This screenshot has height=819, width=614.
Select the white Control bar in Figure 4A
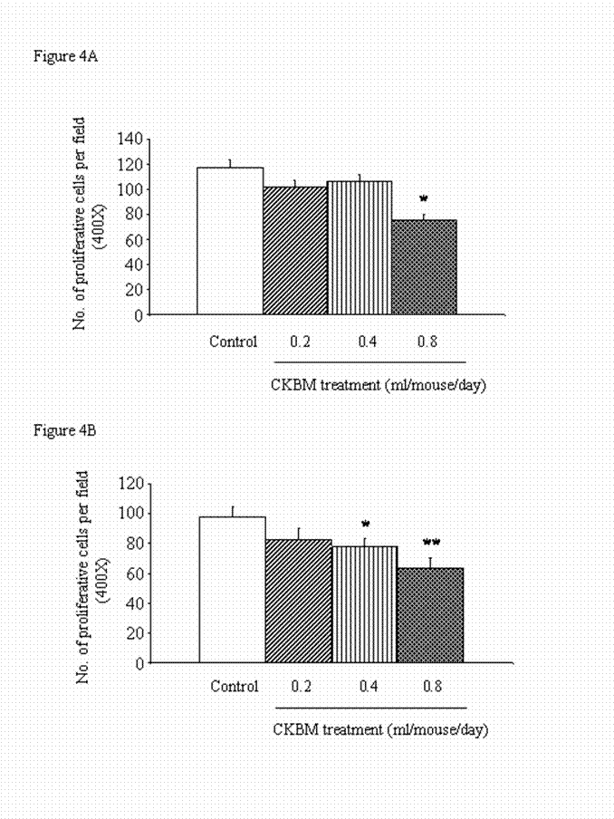point(230,241)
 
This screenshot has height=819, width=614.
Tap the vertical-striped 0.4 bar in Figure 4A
point(360,248)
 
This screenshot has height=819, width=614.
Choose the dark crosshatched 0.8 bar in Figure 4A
point(424,267)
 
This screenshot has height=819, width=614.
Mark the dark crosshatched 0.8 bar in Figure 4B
point(430,616)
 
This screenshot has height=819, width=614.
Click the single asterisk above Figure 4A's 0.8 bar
point(423,198)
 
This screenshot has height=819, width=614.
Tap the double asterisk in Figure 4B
point(431,544)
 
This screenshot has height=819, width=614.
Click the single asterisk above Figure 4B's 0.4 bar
point(364,525)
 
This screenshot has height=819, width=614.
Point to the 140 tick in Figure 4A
point(131,139)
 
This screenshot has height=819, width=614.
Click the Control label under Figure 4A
point(234,342)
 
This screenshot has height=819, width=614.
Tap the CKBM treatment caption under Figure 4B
point(379,729)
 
